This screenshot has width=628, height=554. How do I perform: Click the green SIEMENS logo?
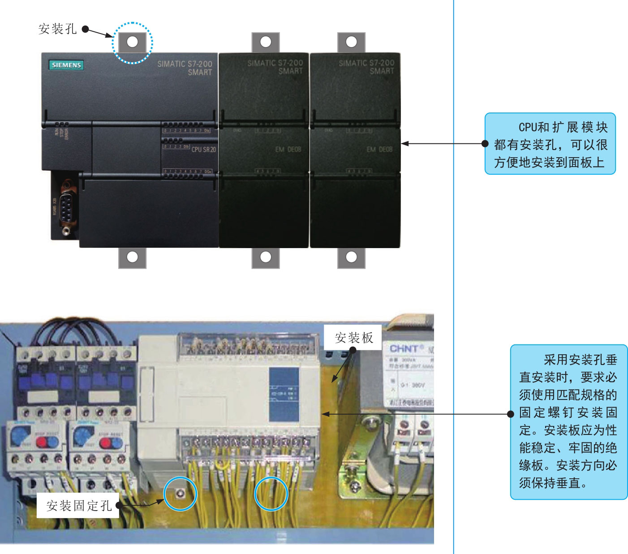(66, 65)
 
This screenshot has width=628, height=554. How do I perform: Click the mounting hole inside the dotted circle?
(132, 42)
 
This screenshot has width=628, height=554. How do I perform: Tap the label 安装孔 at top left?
(58, 29)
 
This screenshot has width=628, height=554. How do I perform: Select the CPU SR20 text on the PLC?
(203, 149)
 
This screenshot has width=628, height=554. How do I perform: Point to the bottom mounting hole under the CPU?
(132, 257)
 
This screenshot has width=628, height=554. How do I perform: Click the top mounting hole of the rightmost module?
(351, 42)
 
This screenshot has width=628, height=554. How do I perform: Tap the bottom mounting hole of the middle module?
(266, 257)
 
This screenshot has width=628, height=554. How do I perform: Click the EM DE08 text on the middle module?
(288, 149)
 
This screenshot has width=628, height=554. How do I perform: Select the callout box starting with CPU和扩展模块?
(550, 144)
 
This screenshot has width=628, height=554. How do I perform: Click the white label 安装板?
(353, 338)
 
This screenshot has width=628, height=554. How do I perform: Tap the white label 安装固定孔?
(79, 506)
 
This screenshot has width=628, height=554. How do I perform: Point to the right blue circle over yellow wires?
(271, 494)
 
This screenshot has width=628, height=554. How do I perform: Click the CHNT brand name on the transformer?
(404, 348)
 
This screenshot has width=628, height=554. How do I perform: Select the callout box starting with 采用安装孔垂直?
(568, 421)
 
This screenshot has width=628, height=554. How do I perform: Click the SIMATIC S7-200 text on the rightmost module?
(366, 63)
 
